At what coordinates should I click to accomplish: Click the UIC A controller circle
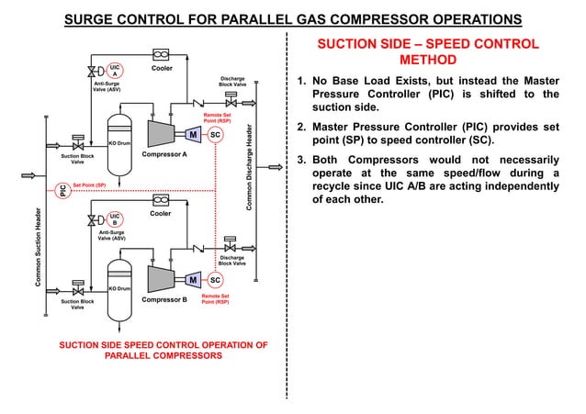[115, 71]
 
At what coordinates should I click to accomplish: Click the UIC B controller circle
[115, 220]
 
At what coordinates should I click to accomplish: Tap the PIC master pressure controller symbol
[63, 191]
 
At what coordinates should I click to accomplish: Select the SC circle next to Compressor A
[214, 135]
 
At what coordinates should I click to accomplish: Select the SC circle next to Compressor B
[214, 279]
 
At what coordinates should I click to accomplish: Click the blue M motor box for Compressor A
[193, 135]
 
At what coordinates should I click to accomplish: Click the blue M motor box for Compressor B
[193, 279]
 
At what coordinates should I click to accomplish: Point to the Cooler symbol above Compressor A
[162, 53]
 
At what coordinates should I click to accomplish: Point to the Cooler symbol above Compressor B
[162, 199]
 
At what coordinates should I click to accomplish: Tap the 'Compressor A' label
[164, 155]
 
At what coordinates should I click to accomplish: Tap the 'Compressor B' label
[164, 300]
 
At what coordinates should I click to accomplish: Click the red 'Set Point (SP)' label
[89, 185]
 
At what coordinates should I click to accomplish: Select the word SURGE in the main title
[94, 20]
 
